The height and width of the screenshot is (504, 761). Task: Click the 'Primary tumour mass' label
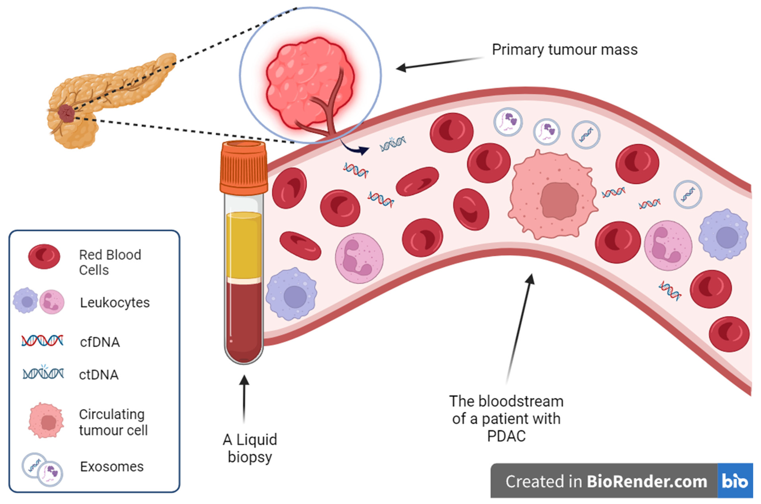565,50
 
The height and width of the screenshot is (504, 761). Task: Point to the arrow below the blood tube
244,399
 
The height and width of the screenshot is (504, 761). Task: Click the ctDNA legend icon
43,374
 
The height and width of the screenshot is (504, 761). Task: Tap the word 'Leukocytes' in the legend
115,303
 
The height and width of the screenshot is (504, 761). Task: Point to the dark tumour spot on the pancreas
66,113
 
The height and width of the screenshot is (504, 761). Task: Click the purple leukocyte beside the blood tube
291,294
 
